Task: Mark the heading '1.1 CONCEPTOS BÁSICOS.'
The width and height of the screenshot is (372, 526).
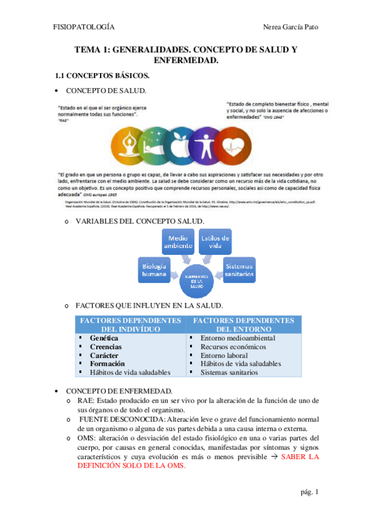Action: click(102, 76)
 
